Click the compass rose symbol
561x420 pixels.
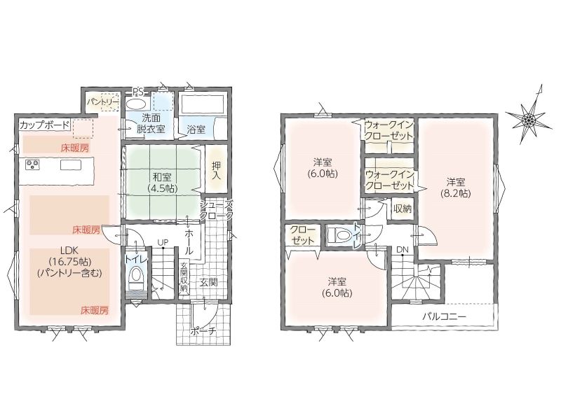pyautogui.click(x=529, y=117)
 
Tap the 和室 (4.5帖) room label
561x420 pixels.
pyautogui.click(x=162, y=182)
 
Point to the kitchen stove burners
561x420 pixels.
pyautogui.click(x=32, y=164)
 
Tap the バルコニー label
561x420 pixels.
pyautogui.click(x=444, y=316)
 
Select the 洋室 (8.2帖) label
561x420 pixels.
pyautogui.click(x=455, y=188)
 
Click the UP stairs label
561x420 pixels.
pyautogui.click(x=163, y=242)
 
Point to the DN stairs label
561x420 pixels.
pyautogui.click(x=402, y=250)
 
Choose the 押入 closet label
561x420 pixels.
pyautogui.click(x=217, y=170)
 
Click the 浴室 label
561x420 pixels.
pyautogui.click(x=196, y=129)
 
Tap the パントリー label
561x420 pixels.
pyautogui.click(x=102, y=101)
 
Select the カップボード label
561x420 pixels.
pyautogui.click(x=45, y=125)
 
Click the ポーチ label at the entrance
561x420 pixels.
pyautogui.click(x=204, y=331)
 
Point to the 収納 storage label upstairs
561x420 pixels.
pyautogui.click(x=403, y=209)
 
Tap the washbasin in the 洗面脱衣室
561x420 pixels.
pyautogui.click(x=135, y=104)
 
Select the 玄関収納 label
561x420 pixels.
pyautogui.click(x=184, y=277)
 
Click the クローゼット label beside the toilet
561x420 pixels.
pyautogui.click(x=303, y=234)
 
